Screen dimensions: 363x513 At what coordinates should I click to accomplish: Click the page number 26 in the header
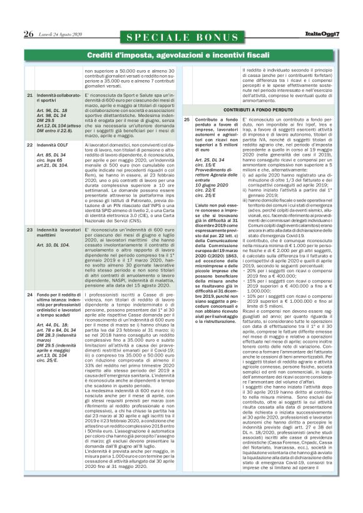tap(28, 34)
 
